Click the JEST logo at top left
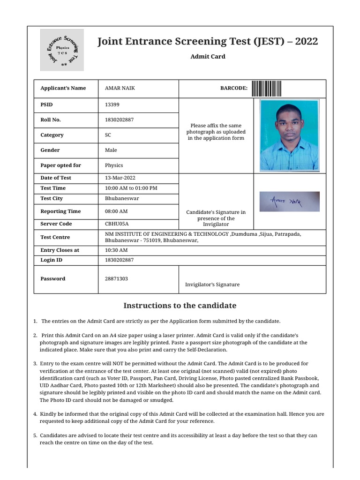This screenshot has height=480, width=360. click(x=62, y=50)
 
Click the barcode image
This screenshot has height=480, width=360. click(x=266, y=88)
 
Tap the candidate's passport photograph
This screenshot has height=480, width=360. click(x=289, y=135)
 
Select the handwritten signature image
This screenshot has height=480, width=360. click(x=289, y=202)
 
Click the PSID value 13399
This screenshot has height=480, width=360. click(x=112, y=105)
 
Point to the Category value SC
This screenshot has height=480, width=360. click(x=108, y=135)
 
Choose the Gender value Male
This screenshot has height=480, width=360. click(x=111, y=150)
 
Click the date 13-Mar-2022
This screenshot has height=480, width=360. click(x=120, y=178)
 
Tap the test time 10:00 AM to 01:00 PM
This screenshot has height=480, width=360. click(x=131, y=188)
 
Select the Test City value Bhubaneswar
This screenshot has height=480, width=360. click(x=122, y=198)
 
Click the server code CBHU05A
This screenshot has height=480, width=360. click(x=117, y=224)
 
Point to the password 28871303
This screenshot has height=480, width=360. click(x=116, y=278)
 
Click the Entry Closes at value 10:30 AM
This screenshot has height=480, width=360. click(x=116, y=250)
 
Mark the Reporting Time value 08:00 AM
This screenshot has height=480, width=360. click(x=116, y=211)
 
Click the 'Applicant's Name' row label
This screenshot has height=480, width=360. click(x=63, y=88)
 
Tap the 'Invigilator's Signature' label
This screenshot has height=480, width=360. click(x=212, y=285)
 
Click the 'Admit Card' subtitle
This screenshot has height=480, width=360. click(x=208, y=57)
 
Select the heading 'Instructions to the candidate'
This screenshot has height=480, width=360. click(x=180, y=306)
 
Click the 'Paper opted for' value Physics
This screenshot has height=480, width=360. click(x=114, y=165)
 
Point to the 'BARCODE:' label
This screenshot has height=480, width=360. click(x=233, y=88)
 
